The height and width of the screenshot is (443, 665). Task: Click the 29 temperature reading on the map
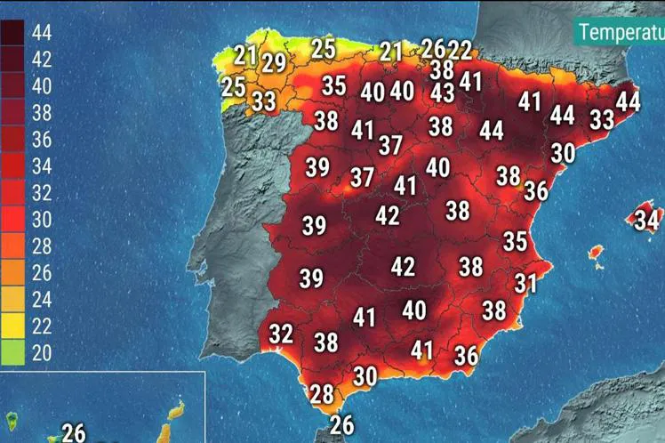click(274, 63)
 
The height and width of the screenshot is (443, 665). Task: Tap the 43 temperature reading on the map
click(442, 92)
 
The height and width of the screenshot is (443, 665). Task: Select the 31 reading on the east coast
click(526, 283)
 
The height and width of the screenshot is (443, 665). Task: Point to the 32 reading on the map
click(281, 334)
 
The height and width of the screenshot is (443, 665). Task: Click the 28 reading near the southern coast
click(321, 392)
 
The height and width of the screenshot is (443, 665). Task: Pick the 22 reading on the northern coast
click(460, 50)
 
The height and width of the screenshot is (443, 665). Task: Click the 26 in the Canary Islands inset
click(74, 432)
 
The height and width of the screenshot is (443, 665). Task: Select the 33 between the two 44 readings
click(602, 118)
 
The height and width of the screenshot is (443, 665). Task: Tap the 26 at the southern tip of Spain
click(341, 424)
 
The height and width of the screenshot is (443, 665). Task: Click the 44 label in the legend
click(42, 33)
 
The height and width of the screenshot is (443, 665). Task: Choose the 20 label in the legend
click(42, 352)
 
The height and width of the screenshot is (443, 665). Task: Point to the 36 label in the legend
click(42, 140)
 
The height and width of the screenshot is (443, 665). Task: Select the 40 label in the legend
click(42, 86)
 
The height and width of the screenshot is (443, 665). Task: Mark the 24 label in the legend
click(42, 299)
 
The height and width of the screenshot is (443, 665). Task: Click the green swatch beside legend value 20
click(13, 352)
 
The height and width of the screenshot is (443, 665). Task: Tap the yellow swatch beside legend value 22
click(13, 326)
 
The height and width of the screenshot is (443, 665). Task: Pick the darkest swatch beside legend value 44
click(13, 33)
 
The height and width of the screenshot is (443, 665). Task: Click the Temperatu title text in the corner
click(621, 32)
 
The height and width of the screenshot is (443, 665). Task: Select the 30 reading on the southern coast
click(365, 375)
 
